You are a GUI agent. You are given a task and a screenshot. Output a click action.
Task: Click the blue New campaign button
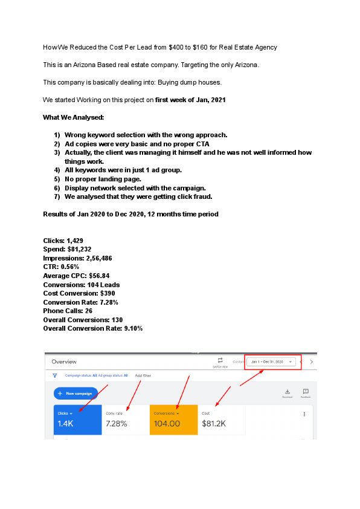76,394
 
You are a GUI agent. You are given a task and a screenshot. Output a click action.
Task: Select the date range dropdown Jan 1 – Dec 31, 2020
273,362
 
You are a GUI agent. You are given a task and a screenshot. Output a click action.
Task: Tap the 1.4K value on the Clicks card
65,424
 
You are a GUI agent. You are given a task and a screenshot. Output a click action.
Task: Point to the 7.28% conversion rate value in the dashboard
117,424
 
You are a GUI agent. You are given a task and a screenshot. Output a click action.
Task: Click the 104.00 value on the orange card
167,424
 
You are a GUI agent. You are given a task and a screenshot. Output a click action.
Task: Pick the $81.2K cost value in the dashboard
214,424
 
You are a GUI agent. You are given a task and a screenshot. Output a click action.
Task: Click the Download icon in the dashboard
287,392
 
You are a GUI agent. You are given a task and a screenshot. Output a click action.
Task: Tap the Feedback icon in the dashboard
306,392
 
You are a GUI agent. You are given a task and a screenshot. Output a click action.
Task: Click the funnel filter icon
55,375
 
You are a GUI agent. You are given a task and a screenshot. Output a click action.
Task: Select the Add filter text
143,375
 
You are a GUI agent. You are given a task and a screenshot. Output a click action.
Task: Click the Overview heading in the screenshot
64,362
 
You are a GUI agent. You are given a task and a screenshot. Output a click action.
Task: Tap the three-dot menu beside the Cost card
304,414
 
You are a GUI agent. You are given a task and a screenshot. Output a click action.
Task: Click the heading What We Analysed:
69,117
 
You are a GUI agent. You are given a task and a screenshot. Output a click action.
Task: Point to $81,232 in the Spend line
80,249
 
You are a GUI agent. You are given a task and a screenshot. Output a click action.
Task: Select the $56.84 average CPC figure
98,276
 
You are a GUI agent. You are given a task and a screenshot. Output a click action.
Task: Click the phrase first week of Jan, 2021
190,100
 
